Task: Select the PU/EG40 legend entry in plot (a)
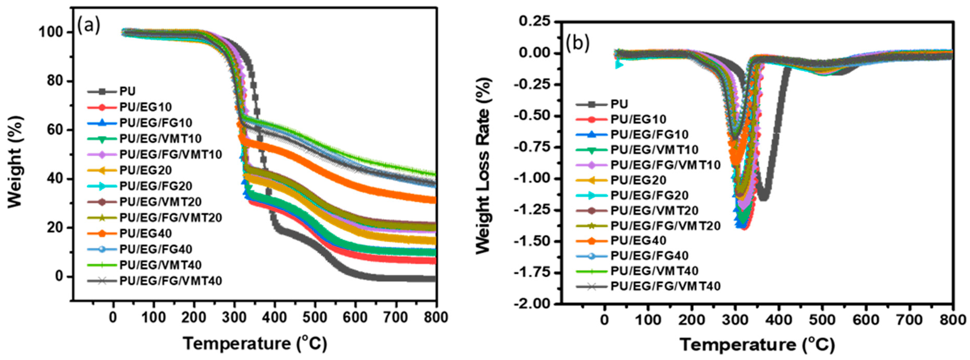point(145,233)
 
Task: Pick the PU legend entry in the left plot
point(127,91)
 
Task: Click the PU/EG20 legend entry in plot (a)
point(145,170)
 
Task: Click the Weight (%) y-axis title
point(16,162)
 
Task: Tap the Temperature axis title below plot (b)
point(757,344)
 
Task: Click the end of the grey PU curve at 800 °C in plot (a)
point(435,279)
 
